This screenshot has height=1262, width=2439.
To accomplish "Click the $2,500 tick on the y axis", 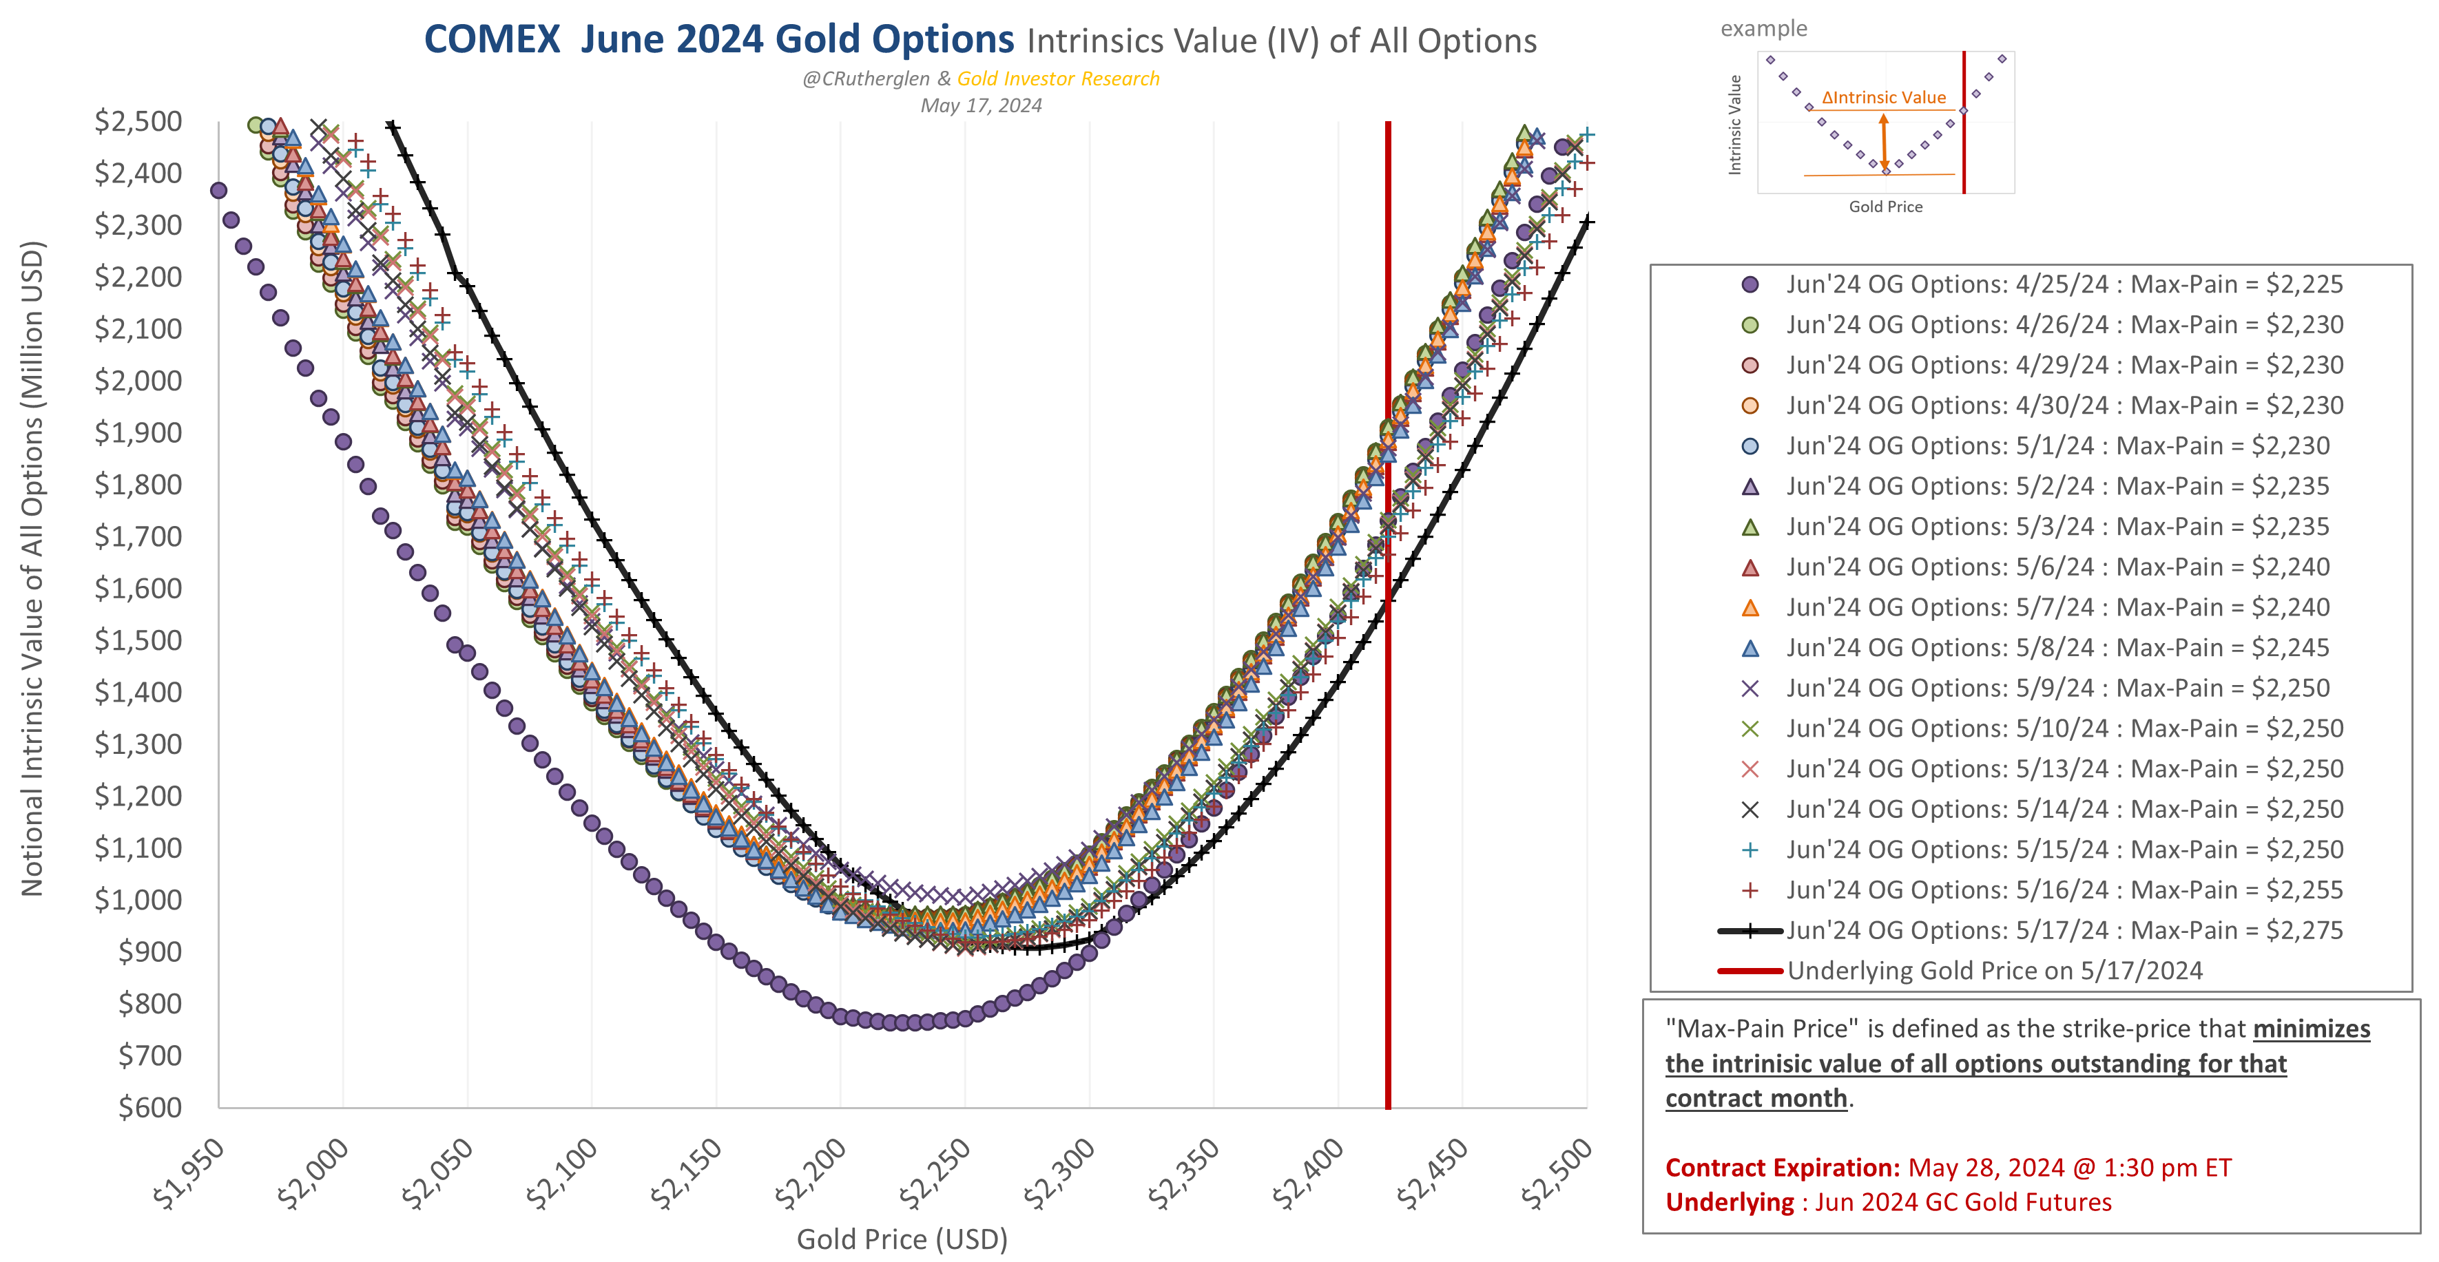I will coord(138,121).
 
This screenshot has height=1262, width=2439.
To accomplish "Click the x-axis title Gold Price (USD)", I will coord(902,1239).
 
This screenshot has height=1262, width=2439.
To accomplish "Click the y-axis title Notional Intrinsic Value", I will coord(32,568).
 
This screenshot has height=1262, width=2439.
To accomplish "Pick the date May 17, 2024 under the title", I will coord(981,105).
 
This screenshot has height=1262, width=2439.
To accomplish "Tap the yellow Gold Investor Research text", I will coord(1057,78).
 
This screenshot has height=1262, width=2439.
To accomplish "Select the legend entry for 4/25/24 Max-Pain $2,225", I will coord(2064,284).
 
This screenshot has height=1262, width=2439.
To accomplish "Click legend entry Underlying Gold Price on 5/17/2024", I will coord(1994,970).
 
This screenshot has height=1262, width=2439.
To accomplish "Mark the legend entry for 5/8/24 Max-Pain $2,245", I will coord(2057,648).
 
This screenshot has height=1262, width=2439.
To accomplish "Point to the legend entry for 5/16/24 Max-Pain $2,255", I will coord(2064,890).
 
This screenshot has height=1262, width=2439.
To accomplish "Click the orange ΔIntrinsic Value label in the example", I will coord(1883,98).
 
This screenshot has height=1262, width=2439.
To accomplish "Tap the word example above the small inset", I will coord(1763,28).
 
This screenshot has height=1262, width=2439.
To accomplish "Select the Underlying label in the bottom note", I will coord(1729,1202).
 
